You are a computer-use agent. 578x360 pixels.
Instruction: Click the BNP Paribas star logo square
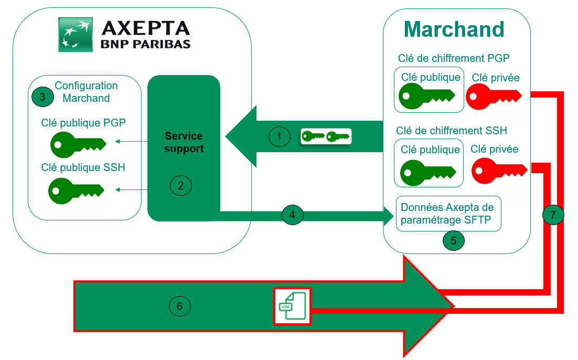tap(76, 34)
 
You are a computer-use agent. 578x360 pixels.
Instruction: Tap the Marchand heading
tap(454, 29)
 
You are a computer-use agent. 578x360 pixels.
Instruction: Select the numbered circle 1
tap(280, 137)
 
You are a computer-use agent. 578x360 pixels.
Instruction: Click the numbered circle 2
tap(181, 185)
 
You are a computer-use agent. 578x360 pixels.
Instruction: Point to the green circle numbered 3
tap(42, 96)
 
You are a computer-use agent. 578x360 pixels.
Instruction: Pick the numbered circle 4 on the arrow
tap(292, 214)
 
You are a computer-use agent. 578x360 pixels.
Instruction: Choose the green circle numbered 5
tap(454, 240)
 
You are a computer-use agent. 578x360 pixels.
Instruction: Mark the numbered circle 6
tap(180, 306)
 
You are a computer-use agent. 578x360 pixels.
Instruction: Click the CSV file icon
tap(292, 306)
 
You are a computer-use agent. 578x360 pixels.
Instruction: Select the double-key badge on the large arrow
tap(325, 137)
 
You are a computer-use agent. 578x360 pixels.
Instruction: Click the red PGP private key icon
tap(493, 97)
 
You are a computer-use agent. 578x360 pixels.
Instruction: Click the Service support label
tap(184, 143)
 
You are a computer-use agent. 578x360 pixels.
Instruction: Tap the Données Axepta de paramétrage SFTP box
tap(448, 214)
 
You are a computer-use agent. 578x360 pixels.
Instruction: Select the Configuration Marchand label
tap(86, 92)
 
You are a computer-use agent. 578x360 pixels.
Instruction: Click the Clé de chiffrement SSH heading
tap(452, 131)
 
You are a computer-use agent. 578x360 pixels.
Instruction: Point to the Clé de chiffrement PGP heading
tap(454, 58)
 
